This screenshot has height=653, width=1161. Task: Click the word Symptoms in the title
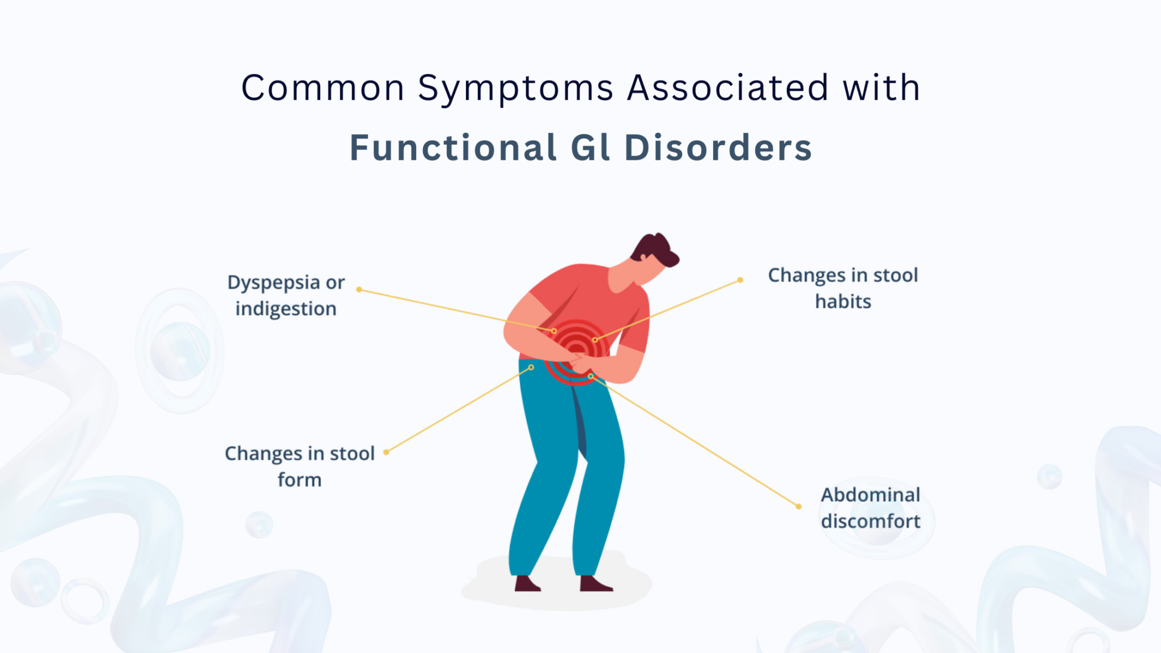coord(515,88)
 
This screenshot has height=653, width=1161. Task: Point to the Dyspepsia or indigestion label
coord(286,295)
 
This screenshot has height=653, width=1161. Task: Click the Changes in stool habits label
coord(843,288)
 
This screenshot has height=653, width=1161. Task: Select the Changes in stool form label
coord(299,467)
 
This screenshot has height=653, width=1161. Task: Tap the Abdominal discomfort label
coord(870,508)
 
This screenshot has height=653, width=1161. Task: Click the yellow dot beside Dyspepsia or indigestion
coord(359,290)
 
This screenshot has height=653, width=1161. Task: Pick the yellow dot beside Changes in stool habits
coord(740,280)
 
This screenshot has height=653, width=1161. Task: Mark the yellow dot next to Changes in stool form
coord(386,452)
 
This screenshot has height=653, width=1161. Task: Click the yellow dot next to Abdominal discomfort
coord(799,507)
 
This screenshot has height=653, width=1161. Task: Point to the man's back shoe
coord(526,584)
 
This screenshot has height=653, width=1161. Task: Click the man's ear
coord(644,257)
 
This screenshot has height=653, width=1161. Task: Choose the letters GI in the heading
coord(590,147)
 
